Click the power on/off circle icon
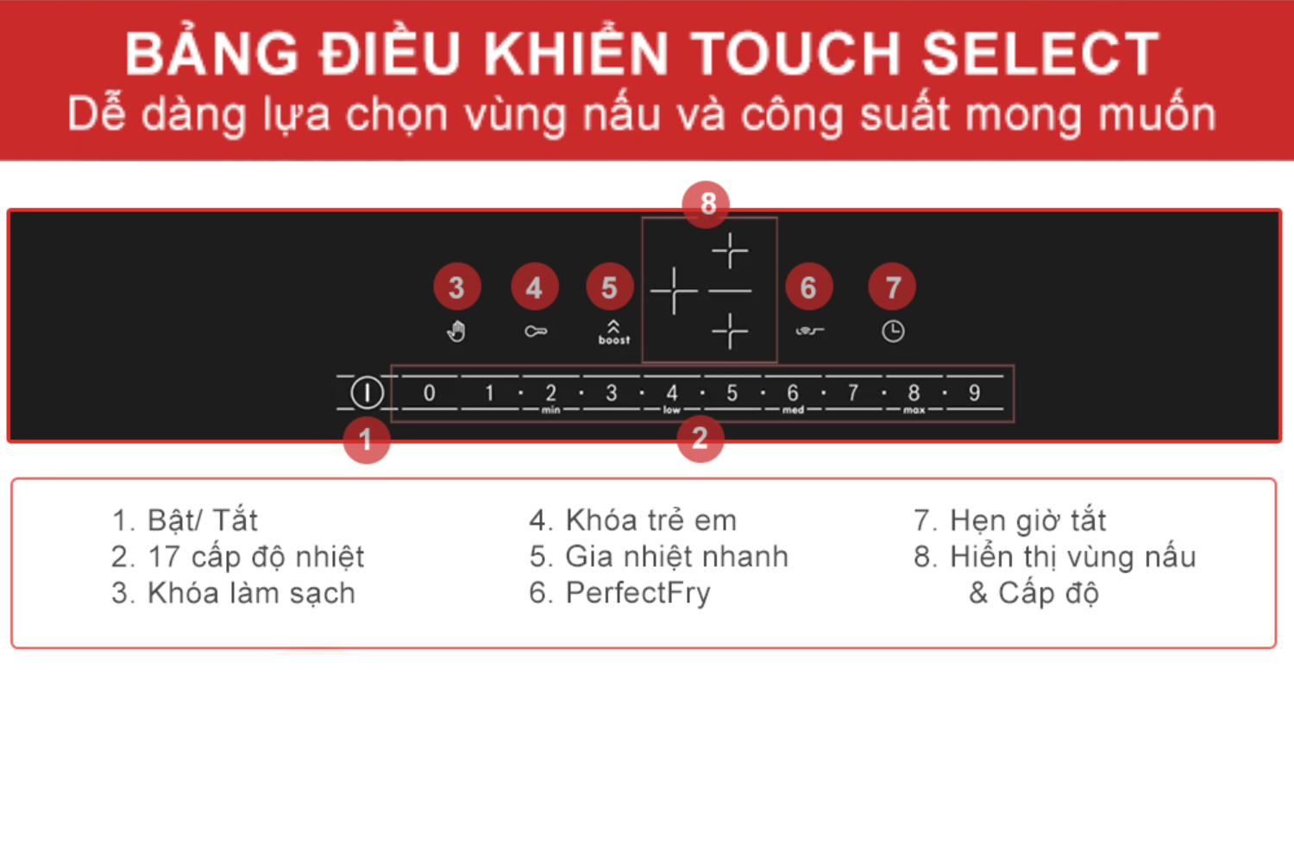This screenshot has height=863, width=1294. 367,394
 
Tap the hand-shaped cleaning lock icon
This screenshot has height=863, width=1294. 456,331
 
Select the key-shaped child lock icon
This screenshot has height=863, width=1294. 536,331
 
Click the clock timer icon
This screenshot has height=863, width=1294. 893,331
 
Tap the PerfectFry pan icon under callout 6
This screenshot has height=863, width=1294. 809,331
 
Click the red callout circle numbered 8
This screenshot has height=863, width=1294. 707,204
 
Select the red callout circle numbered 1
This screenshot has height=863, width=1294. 366,440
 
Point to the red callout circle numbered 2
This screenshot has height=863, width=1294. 700,438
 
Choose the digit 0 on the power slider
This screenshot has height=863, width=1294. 429,394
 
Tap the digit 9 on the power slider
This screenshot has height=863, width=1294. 974,394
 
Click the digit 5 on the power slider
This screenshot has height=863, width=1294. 732,394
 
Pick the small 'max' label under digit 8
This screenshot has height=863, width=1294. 914,411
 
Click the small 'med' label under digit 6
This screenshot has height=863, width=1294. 793,411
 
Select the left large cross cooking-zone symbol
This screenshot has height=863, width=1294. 674,291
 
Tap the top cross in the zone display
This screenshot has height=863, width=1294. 730,251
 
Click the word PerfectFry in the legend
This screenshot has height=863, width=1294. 638,593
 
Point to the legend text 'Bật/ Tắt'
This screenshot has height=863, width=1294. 203,520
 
